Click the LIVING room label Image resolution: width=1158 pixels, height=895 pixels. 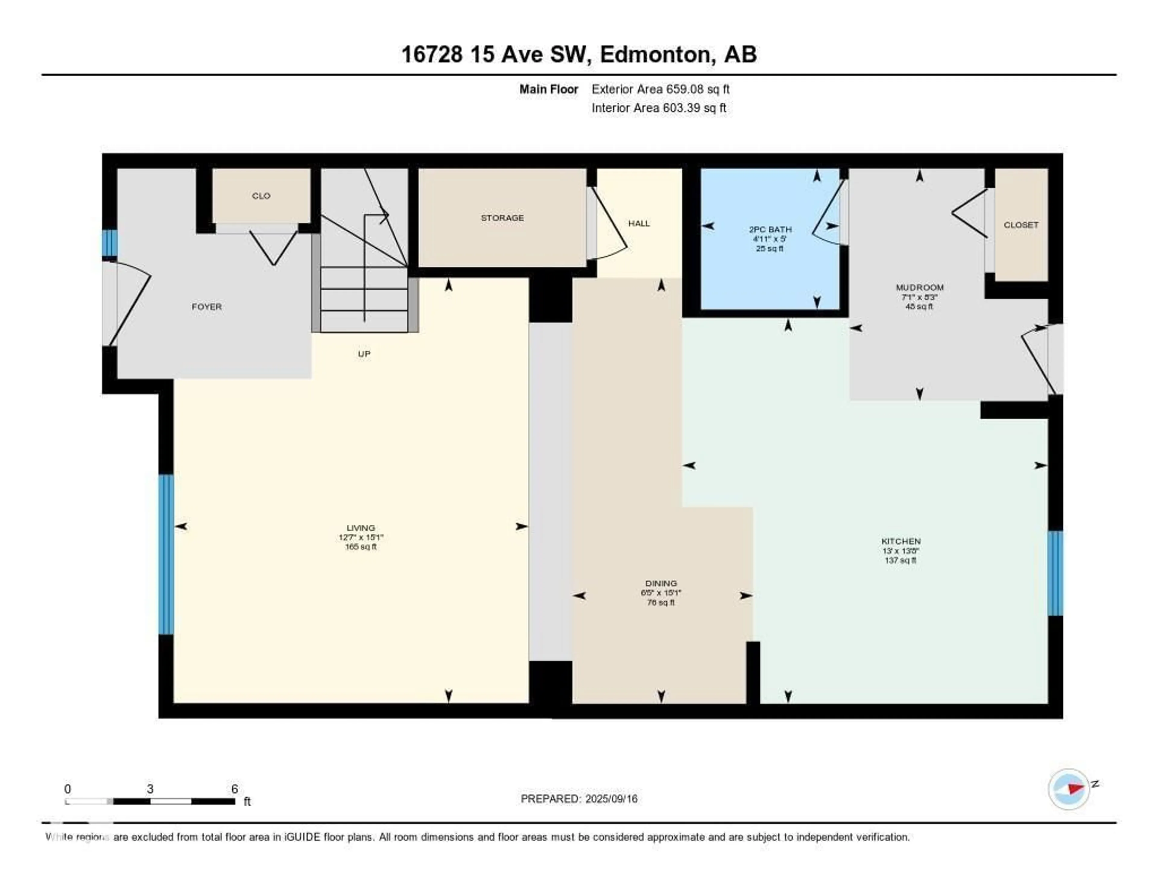point(361,528)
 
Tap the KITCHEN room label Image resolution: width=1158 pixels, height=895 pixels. point(901,541)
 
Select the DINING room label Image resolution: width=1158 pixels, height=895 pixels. point(661,583)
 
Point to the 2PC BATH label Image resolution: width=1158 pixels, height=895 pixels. point(770,229)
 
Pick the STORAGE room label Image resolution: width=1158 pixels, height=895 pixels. point(502,218)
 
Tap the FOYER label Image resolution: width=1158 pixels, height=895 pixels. point(206,307)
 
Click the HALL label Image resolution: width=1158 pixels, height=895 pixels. point(639,223)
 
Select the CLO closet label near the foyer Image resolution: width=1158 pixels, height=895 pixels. point(261,196)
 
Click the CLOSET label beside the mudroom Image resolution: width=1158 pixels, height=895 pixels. point(1021,225)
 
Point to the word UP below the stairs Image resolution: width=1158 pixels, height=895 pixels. point(364,354)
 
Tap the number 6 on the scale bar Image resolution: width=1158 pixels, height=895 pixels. point(234,789)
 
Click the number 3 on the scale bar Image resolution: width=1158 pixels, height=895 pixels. point(150,789)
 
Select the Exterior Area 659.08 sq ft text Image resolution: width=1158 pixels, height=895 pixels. point(660,89)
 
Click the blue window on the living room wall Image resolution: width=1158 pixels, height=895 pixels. point(166,554)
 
